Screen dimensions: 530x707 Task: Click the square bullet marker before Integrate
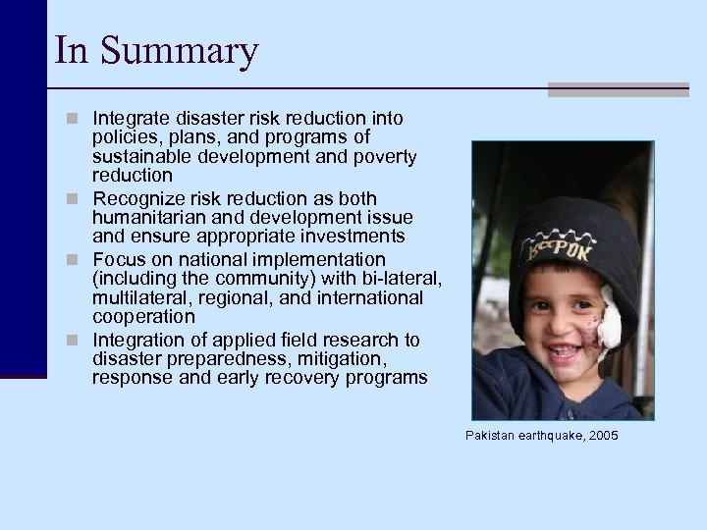tap(80, 119)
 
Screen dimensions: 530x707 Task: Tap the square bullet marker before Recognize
tap(80, 199)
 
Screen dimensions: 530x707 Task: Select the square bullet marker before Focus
tap(80, 260)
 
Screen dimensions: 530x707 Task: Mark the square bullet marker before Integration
tap(80, 341)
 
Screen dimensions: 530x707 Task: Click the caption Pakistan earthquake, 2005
tap(542, 434)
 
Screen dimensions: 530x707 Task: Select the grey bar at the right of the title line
tap(626, 89)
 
